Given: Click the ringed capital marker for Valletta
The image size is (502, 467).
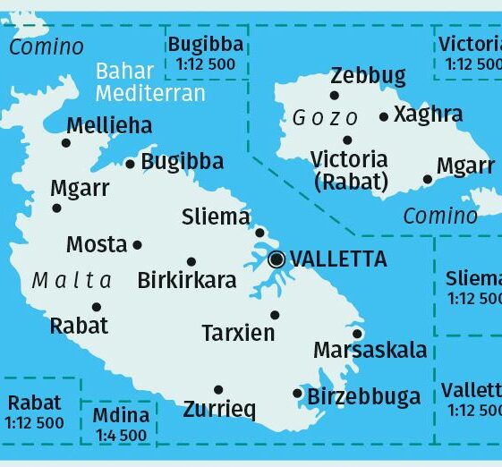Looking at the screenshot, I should [x=277, y=259].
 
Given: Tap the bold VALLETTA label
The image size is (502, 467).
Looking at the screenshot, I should [x=339, y=259].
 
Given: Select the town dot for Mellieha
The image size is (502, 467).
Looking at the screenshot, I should [x=66, y=142].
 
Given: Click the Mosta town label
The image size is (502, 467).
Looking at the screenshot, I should [x=97, y=244].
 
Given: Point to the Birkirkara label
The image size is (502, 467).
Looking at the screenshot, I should [x=187, y=280].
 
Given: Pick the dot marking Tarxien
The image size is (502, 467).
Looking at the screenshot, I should [x=275, y=315].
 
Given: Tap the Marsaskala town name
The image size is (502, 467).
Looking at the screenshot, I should [x=370, y=350].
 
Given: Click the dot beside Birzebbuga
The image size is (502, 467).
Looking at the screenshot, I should [x=298, y=393].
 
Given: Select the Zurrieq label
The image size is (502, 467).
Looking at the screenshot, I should [x=219, y=410].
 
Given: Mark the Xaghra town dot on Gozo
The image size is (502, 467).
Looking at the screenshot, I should [x=384, y=116].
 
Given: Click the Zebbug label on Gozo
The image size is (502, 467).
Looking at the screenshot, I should [x=368, y=76].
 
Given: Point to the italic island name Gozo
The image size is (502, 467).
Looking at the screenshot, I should [x=326, y=118].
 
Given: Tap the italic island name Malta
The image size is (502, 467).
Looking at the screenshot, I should [x=72, y=280].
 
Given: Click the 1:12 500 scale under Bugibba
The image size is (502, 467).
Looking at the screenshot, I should [x=208, y=64].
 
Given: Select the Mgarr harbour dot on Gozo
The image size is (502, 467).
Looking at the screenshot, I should [x=428, y=179].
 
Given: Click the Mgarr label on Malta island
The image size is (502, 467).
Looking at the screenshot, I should [x=80, y=189].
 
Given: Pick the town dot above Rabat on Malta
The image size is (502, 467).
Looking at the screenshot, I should [x=97, y=307].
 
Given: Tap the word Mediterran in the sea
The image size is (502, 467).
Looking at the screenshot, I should [x=150, y=93].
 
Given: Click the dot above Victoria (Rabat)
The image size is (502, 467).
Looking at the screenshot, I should [x=347, y=140].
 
